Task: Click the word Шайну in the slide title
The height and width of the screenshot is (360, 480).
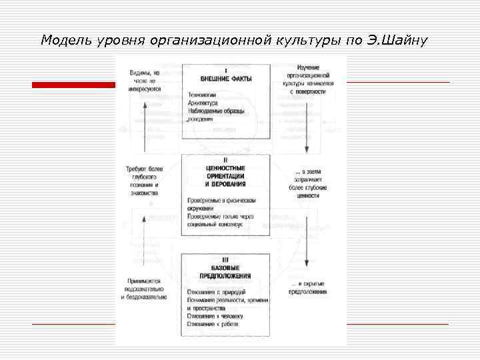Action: click(402, 40)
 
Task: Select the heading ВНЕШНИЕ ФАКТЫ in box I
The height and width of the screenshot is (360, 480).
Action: click(225, 79)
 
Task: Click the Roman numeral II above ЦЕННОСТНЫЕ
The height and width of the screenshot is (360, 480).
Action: click(225, 160)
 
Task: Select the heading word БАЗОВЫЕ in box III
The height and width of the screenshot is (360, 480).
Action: click(225, 267)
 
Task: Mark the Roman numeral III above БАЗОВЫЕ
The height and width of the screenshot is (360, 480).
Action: click(225, 259)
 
